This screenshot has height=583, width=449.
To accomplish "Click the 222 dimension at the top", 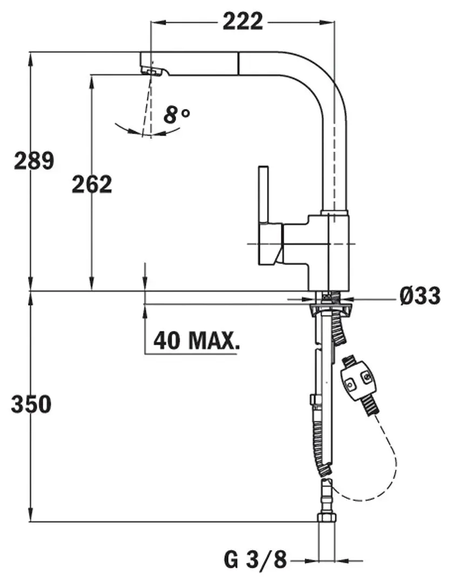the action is [x=243, y=22].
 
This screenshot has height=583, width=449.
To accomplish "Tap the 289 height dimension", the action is [x=34, y=161].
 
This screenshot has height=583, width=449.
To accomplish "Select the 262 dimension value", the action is [x=92, y=184].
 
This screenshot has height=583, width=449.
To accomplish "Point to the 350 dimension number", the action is [x=31, y=404].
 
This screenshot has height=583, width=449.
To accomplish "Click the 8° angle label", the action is [x=177, y=115].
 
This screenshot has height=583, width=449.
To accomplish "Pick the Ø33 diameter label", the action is [x=420, y=296].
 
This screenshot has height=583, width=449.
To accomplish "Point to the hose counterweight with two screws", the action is [x=358, y=383].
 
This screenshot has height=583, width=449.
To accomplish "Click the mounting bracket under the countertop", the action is [x=329, y=308].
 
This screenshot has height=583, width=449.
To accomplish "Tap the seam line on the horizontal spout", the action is [x=238, y=64].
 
